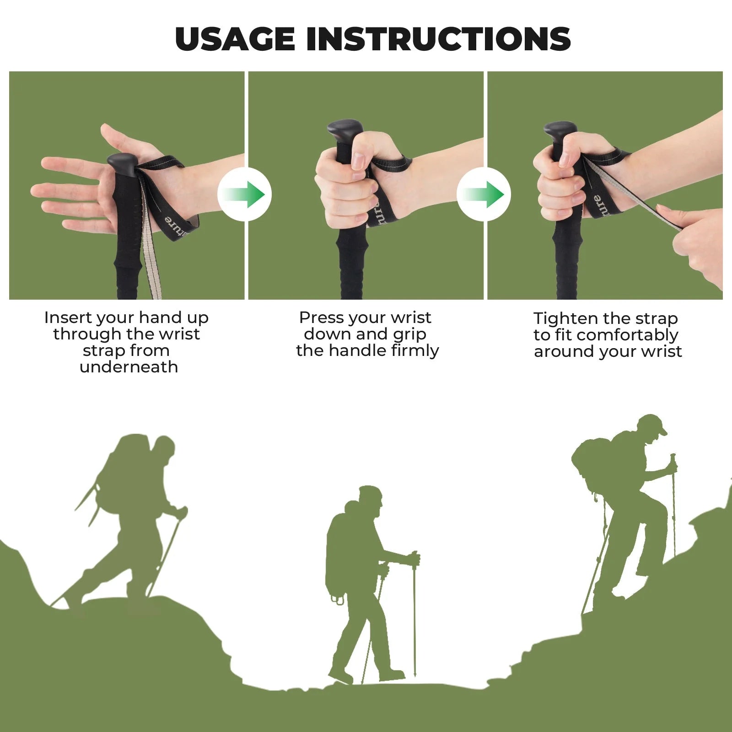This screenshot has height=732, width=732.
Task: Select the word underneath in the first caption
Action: pyautogui.click(x=129, y=367)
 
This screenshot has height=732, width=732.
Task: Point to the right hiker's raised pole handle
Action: pyautogui.click(x=673, y=460)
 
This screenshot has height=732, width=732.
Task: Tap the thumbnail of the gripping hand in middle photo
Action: pyautogui.click(x=358, y=160)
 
